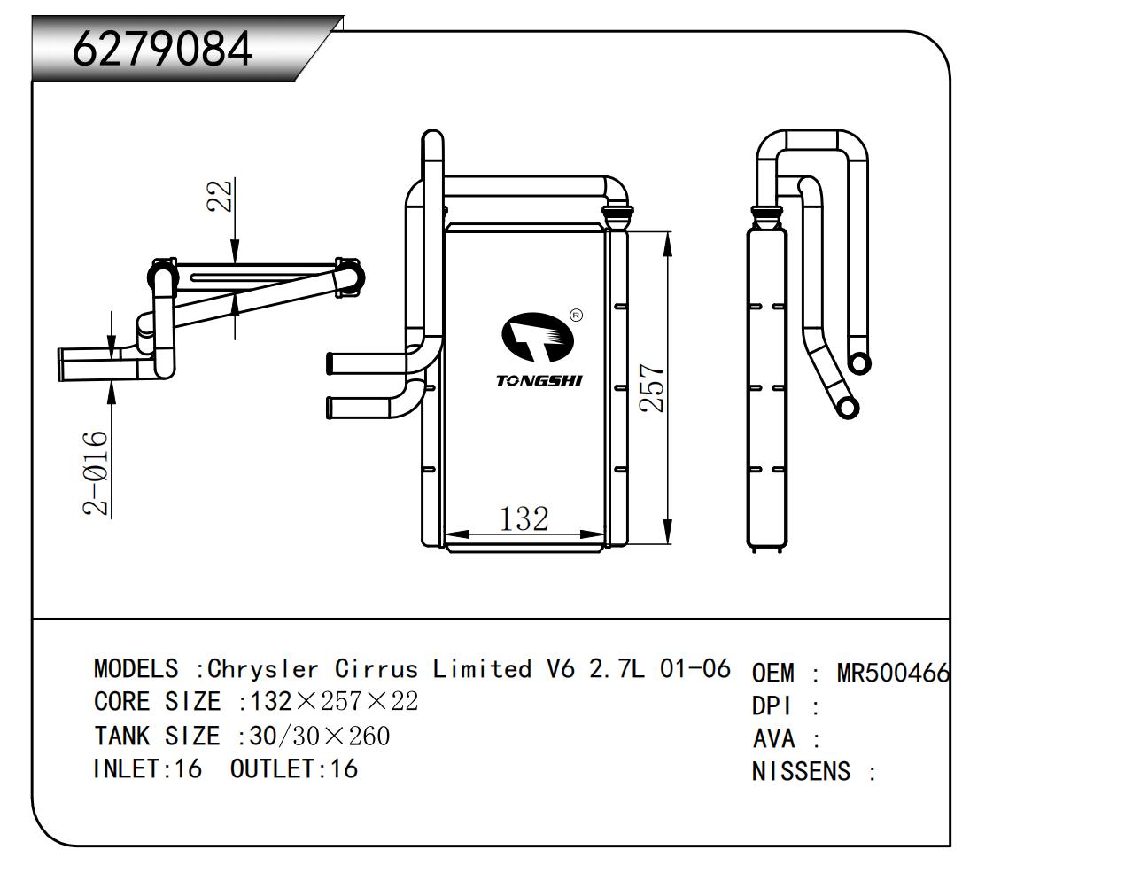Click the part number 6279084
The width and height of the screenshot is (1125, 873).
[162, 49]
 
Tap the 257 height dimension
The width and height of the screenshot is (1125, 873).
[652, 387]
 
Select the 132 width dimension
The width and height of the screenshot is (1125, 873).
[524, 518]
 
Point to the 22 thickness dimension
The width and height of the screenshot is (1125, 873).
[221, 195]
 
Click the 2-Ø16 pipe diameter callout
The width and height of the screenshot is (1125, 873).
[96, 473]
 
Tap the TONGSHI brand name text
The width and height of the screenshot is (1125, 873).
[539, 381]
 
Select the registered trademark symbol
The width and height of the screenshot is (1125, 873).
[576, 315]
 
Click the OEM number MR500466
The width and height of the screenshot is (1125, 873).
[893, 674]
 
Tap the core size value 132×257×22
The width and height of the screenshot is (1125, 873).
[334, 702]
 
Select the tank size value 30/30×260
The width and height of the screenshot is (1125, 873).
[320, 736]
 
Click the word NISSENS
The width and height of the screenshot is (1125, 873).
[801, 771]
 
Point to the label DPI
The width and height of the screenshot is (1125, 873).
[772, 706]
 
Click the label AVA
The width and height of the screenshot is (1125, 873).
[773, 738]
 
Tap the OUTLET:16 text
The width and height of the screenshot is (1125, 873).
[294, 768]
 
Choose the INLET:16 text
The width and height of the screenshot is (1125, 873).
[147, 768]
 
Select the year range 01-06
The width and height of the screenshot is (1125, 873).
[695, 669]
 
